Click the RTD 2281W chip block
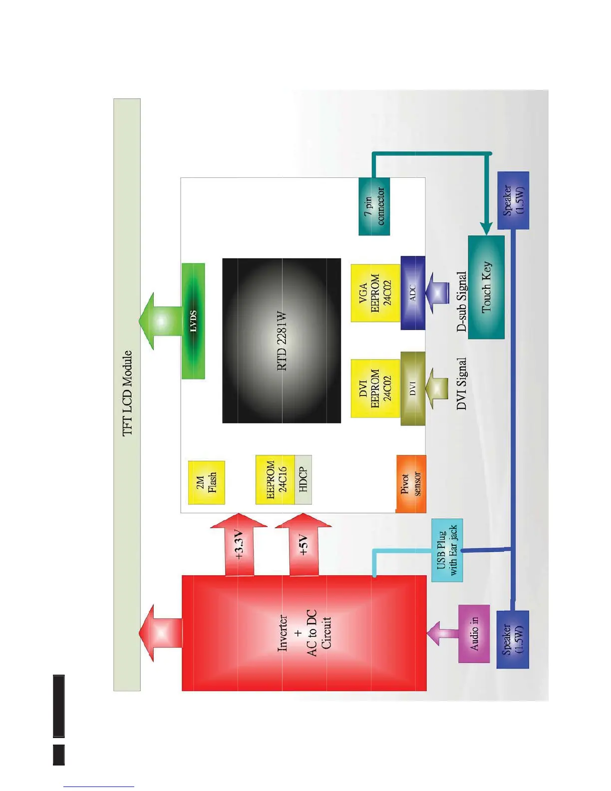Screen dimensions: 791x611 [x=282, y=341]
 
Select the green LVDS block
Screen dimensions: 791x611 [x=193, y=321]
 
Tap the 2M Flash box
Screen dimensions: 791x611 [x=206, y=482]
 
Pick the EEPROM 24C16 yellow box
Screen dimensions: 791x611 [x=275, y=479]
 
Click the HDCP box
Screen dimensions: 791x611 [x=303, y=479]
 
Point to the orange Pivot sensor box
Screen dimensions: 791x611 [x=411, y=483]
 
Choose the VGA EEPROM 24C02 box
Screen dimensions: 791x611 [x=375, y=293]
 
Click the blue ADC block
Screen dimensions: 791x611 [x=413, y=293]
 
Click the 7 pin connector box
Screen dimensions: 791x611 [x=374, y=206]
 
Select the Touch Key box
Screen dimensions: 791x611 [x=486, y=287]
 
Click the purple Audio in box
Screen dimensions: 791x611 [x=474, y=633]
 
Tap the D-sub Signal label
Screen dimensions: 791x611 [x=462, y=302]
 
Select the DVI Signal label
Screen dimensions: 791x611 [x=462, y=384]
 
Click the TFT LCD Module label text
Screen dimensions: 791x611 [x=128, y=393]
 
